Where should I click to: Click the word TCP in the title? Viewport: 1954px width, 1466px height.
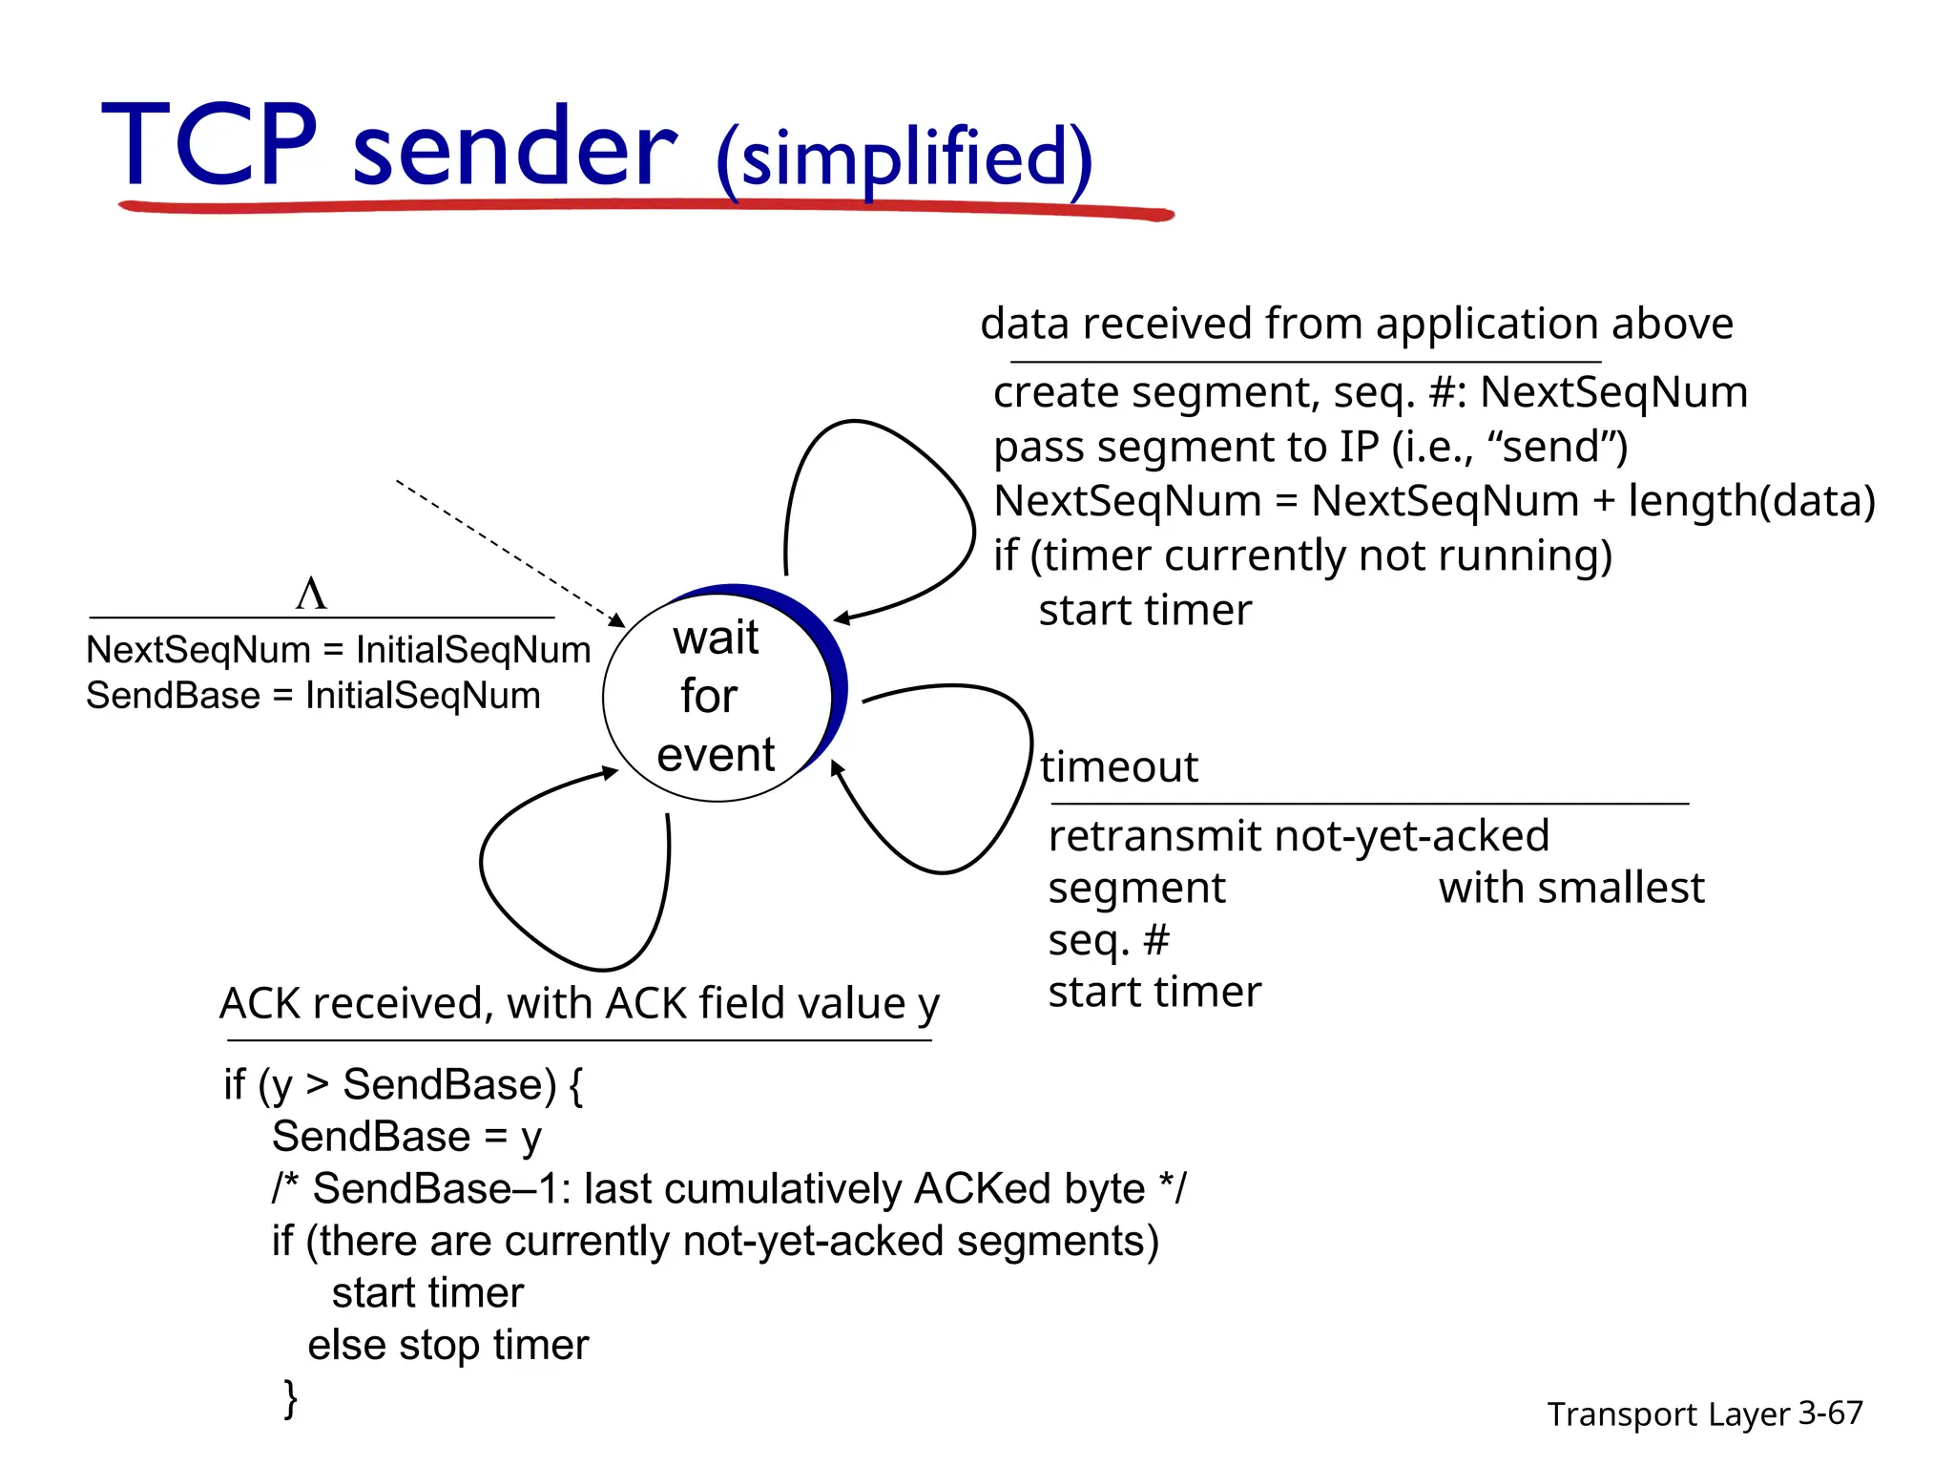[x=210, y=145]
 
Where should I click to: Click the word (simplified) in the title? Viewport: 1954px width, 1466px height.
[x=903, y=158]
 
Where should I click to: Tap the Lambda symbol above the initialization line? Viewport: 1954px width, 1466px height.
[x=311, y=594]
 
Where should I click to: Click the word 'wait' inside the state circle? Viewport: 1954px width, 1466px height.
[x=716, y=638]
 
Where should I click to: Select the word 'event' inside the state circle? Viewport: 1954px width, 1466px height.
[x=716, y=755]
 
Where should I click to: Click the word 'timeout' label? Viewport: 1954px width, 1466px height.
[x=1118, y=767]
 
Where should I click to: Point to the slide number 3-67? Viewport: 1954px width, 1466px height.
[x=1830, y=1413]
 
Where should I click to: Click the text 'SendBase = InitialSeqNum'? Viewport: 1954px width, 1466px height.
[x=313, y=696]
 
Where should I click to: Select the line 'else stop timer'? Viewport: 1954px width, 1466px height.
[x=447, y=1345]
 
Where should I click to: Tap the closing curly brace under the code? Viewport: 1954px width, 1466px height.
[x=291, y=1397]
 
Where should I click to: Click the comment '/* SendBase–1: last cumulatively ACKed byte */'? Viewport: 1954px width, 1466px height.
[x=729, y=1189]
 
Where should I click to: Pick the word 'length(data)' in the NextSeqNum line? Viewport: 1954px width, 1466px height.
[x=1751, y=501]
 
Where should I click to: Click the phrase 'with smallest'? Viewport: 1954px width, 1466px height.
[x=1570, y=888]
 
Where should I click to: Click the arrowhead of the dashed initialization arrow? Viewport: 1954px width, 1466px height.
[x=618, y=621]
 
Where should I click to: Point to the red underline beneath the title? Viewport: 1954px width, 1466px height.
[x=645, y=206]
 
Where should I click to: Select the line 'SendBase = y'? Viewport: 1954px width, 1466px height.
[x=406, y=1137]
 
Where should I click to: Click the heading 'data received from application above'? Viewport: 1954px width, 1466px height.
[x=1356, y=324]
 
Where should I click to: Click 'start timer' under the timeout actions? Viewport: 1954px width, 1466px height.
[x=1154, y=993]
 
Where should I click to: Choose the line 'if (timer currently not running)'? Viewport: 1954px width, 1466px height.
[x=1302, y=555]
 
